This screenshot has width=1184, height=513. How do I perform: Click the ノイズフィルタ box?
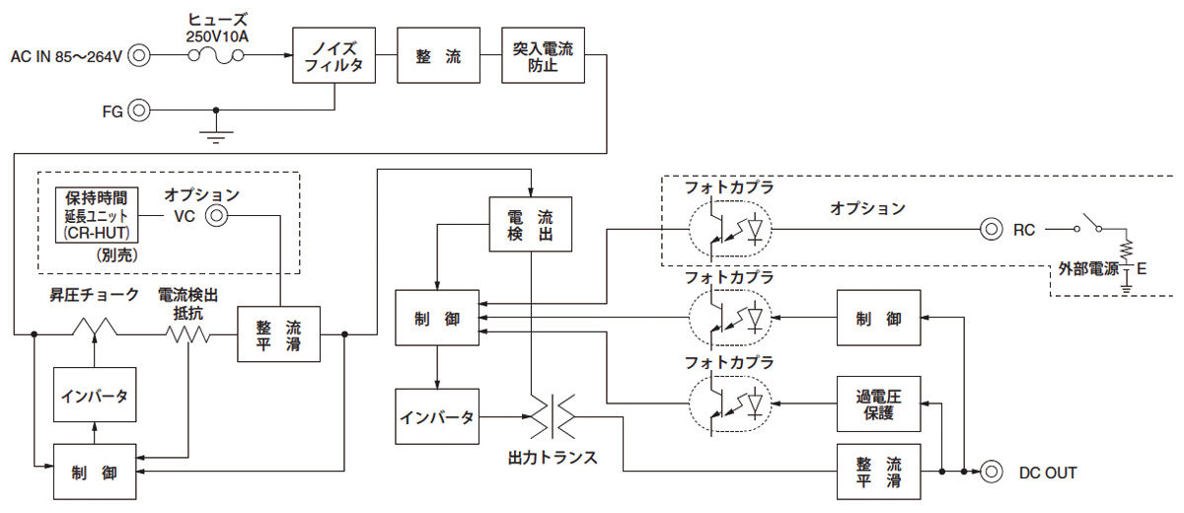click(334, 55)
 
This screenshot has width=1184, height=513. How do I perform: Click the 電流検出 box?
click(531, 225)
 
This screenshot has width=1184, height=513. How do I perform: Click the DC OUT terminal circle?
click(989, 473)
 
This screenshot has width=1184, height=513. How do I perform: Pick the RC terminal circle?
click(990, 229)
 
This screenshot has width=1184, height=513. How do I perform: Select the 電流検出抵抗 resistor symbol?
click(189, 333)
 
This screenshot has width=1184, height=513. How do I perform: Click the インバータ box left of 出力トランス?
click(436, 416)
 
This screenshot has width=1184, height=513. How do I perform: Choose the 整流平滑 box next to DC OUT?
click(878, 473)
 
